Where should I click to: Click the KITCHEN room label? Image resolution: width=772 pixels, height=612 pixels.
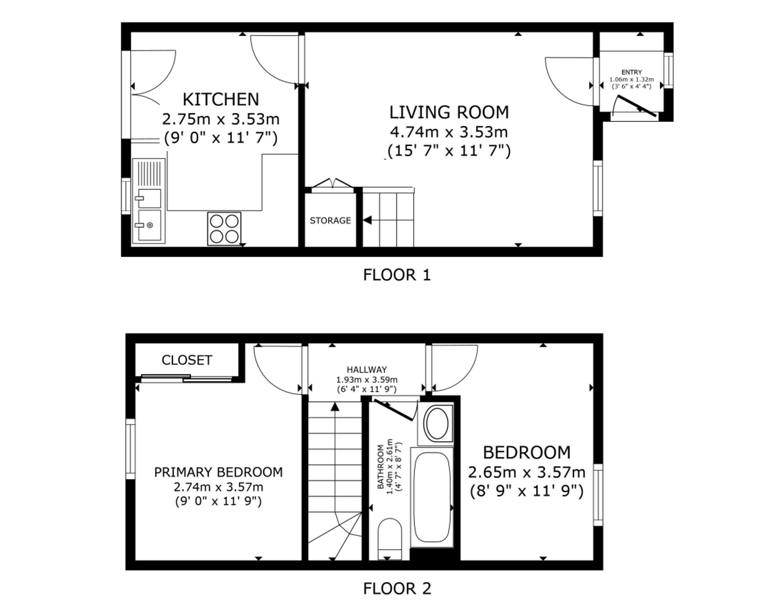pyautogui.click(x=220, y=99)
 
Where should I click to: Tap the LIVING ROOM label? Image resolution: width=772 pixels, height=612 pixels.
pyautogui.click(x=449, y=112)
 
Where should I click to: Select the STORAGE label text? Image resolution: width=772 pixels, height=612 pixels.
pyautogui.click(x=330, y=220)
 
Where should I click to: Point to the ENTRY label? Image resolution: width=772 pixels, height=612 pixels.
pyautogui.click(x=631, y=72)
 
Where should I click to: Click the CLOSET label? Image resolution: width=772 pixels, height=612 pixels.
pyautogui.click(x=187, y=360)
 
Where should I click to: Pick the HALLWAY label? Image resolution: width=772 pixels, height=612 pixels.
pyautogui.click(x=367, y=370)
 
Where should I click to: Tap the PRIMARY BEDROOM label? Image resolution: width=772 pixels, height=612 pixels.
pyautogui.click(x=218, y=472)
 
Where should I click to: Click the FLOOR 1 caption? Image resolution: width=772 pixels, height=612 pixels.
pyautogui.click(x=397, y=275)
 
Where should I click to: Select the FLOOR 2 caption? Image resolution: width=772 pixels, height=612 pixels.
pyautogui.click(x=397, y=588)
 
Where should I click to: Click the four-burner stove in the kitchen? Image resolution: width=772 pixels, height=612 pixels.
pyautogui.click(x=224, y=229)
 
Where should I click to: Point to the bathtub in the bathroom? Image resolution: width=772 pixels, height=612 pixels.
pyautogui.click(x=432, y=497)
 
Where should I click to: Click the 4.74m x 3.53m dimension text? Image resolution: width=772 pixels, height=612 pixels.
pyautogui.click(x=449, y=132)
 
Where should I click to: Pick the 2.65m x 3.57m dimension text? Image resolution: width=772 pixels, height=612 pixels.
pyautogui.click(x=527, y=472)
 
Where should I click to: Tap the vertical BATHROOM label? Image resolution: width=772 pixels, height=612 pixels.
pyautogui.click(x=381, y=467)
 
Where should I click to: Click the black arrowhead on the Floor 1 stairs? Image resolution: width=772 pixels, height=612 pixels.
pyautogui.click(x=367, y=220)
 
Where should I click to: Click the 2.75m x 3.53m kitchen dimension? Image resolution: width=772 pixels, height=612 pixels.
pyautogui.click(x=220, y=119)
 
